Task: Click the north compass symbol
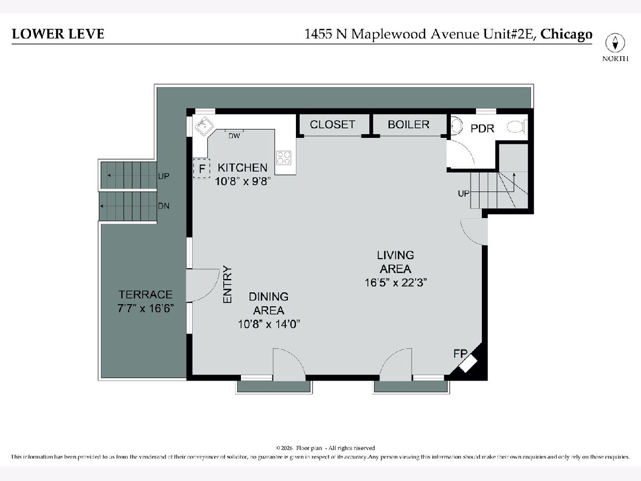click(x=615, y=43)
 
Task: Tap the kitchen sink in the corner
click(x=205, y=127)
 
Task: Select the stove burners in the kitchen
click(x=284, y=158)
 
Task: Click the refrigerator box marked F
click(x=201, y=168)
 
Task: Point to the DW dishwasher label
click(x=234, y=136)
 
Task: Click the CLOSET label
click(x=332, y=125)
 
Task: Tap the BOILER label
click(x=409, y=125)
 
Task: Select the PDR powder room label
click(x=482, y=129)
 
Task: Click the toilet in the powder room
click(x=517, y=127)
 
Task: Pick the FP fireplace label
click(x=460, y=354)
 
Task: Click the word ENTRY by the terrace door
click(x=227, y=284)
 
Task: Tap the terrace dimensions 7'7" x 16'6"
click(x=146, y=308)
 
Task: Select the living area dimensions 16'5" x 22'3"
click(x=396, y=283)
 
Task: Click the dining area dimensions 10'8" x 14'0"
click(x=269, y=324)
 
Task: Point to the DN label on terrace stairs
click(x=163, y=206)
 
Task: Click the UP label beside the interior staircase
click(x=464, y=193)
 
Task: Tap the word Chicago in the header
click(x=566, y=34)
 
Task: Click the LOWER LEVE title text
click(x=58, y=34)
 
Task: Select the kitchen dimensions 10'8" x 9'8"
click(x=243, y=182)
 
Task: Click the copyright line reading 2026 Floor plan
click(x=326, y=448)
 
